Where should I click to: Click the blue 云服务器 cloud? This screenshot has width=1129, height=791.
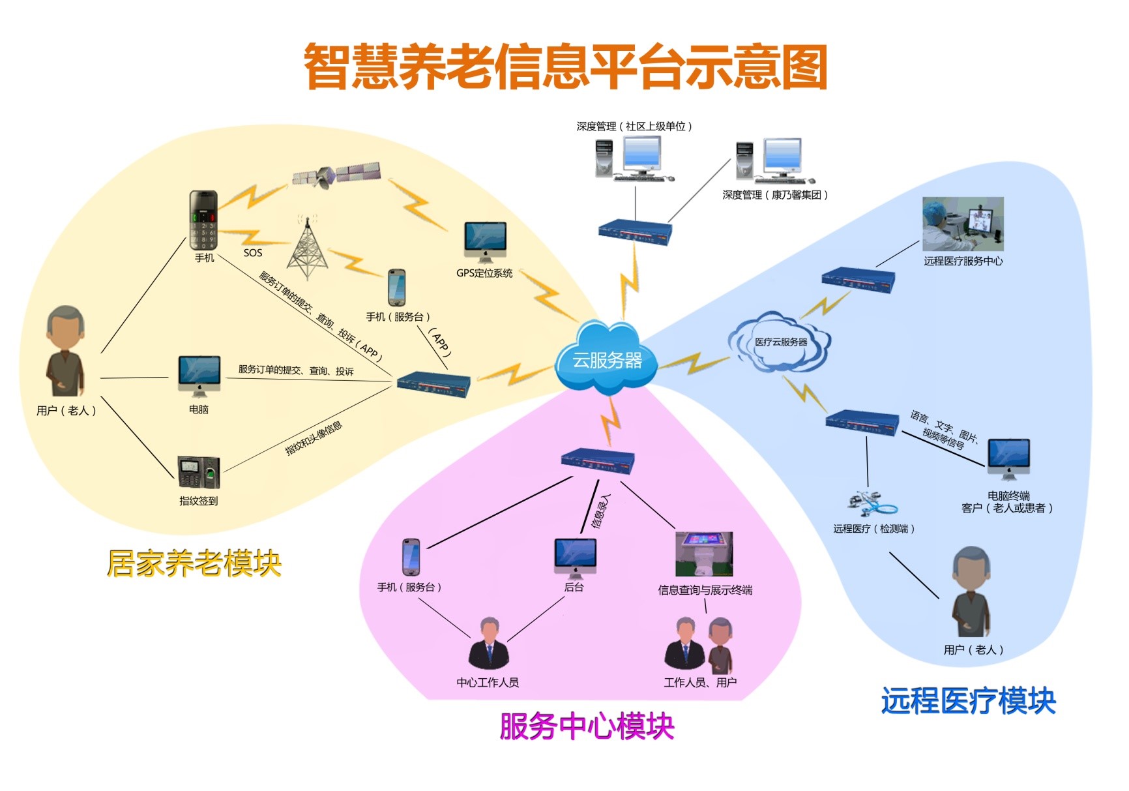tap(604, 359)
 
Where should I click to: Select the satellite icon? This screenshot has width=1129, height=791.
tap(335, 174)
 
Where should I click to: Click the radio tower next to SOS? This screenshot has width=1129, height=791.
tap(308, 249)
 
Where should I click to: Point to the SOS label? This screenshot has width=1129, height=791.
tap(253, 253)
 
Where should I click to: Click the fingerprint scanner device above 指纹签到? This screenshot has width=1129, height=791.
tap(199, 472)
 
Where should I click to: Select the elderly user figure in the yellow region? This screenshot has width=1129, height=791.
tap(65, 352)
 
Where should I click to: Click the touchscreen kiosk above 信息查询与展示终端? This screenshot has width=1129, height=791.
tap(704, 554)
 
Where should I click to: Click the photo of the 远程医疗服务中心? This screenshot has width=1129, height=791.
tap(963, 224)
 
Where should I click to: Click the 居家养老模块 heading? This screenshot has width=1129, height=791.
tap(194, 563)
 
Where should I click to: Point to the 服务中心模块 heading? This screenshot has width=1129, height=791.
tap(587, 726)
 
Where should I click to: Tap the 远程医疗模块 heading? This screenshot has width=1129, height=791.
tap(968, 701)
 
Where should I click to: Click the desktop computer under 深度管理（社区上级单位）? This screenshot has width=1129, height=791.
tap(633, 159)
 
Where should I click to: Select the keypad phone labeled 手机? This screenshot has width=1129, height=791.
tap(203, 220)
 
